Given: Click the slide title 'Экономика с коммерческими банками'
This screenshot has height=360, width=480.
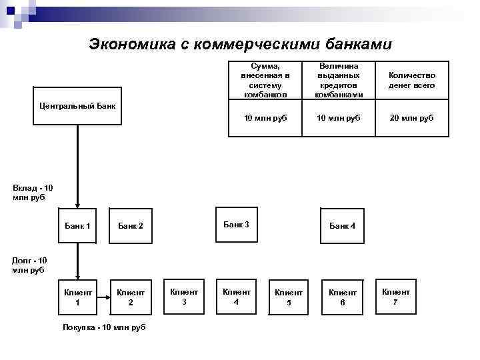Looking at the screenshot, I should pos(241,45).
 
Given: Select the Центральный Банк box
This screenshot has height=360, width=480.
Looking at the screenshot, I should pos(77,105).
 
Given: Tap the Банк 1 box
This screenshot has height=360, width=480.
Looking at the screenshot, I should pos(78,226).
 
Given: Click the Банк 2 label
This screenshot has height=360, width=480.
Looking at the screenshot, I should pos(131,226).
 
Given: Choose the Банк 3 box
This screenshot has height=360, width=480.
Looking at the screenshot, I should pos(236,225).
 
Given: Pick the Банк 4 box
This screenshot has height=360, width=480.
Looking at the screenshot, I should pos(343,226).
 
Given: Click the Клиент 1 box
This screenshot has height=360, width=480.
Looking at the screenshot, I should pos(77,297).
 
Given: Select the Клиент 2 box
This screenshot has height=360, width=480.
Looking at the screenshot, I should pos(131,297).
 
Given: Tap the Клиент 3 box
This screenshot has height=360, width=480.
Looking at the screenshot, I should pos(184,296).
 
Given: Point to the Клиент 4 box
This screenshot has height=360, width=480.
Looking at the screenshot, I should pos(237,296).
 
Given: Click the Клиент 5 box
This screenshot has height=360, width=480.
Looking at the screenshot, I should pos(289,297).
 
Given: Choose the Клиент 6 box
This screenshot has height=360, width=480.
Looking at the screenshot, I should pos(343,297).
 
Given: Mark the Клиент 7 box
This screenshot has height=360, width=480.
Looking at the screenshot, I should pos(396,296).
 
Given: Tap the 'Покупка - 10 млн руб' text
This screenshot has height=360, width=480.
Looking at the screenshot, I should pos(104,327).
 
